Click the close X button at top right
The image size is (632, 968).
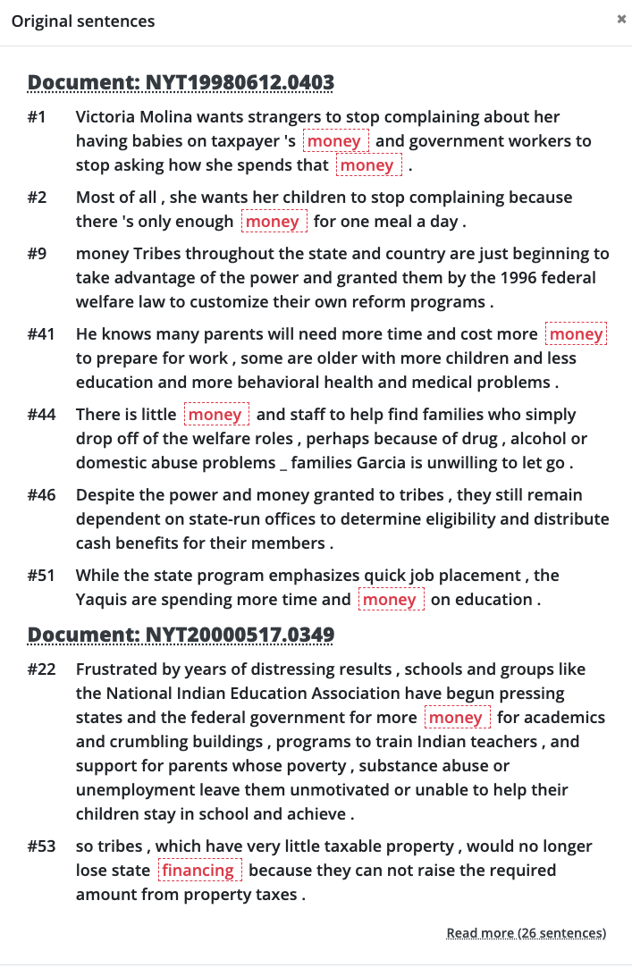[x=621, y=19]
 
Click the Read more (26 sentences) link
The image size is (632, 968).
[x=526, y=933]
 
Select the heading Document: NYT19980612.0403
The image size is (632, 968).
[x=181, y=83]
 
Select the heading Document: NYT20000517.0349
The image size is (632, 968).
[x=181, y=635]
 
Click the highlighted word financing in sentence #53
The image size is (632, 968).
[x=198, y=871]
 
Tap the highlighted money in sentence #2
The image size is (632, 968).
[x=273, y=222]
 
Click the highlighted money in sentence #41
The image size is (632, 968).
[x=576, y=334]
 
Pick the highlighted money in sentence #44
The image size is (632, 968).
[x=215, y=415]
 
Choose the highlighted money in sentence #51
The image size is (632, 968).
[x=390, y=600]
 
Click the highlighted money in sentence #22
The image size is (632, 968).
[x=456, y=718]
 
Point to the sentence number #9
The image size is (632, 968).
[x=37, y=255]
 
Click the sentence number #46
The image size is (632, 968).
[x=41, y=495]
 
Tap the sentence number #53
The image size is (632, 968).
[x=41, y=846]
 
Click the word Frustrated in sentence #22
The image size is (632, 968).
[x=118, y=669]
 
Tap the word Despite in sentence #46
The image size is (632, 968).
[x=105, y=495]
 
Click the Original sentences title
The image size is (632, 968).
[x=83, y=21]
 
